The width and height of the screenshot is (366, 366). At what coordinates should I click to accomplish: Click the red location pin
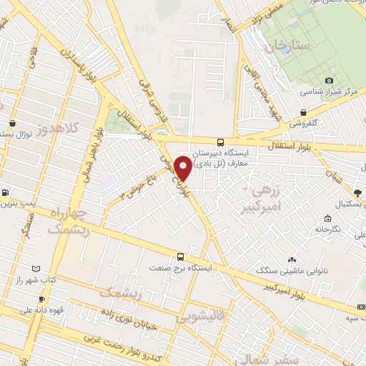click(x=183, y=167)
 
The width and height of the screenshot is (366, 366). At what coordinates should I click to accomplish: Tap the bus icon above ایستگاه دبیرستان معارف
click(x=220, y=141)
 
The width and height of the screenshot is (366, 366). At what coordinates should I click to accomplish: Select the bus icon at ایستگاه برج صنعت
click(x=180, y=257)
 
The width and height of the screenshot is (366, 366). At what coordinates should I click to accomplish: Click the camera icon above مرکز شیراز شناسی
click(x=328, y=81)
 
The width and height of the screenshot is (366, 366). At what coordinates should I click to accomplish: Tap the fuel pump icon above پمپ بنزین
click(x=6, y=192)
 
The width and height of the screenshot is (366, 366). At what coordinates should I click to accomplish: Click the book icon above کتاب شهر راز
click(x=37, y=268)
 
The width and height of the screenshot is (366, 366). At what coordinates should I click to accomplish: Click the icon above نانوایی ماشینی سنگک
click(x=291, y=259)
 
